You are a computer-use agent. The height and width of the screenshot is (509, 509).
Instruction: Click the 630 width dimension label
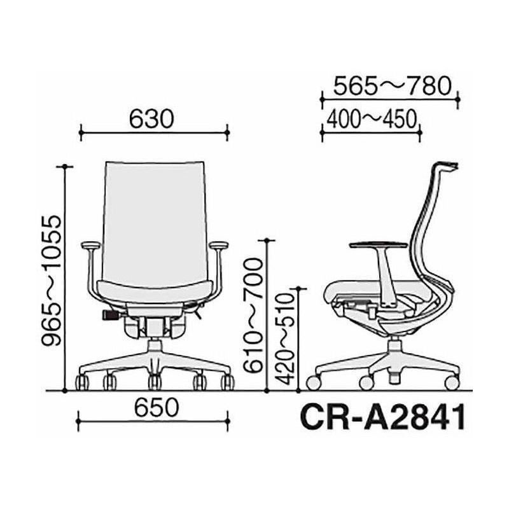(x=151, y=119)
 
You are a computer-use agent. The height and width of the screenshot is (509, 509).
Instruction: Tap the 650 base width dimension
(x=157, y=407)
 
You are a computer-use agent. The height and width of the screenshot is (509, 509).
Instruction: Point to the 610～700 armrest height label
(x=252, y=315)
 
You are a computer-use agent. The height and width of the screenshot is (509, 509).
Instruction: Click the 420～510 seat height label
(x=284, y=339)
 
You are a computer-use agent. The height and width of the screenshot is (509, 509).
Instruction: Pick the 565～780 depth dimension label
(x=393, y=86)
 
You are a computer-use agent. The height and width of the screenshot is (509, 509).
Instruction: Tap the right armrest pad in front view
(x=219, y=245)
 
